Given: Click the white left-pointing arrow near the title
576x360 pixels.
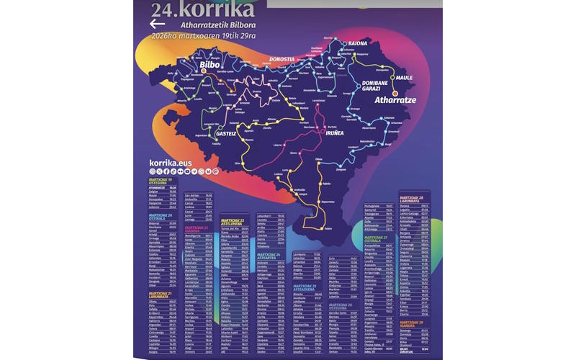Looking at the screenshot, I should click(157, 23).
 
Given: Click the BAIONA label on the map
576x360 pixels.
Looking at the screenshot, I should click(358, 44).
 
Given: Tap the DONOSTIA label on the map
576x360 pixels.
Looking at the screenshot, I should click(282, 59).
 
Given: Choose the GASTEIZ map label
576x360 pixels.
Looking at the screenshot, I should click(226, 134).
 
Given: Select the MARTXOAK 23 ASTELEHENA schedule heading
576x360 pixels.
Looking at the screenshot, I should click(233, 220).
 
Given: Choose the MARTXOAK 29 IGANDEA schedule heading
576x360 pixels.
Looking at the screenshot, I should click(408, 325).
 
